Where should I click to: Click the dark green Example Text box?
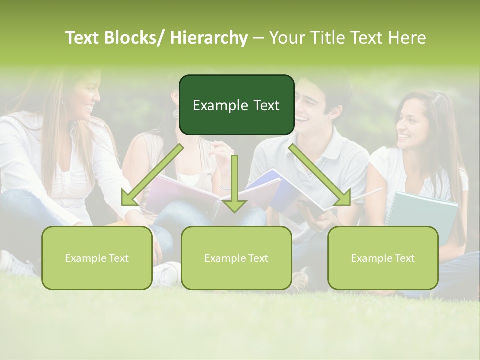click(x=236, y=105)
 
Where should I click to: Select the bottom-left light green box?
click(x=97, y=258)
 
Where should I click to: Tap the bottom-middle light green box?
click(x=236, y=258)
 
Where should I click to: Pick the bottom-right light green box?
click(x=383, y=258)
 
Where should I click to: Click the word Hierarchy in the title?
click(x=209, y=38)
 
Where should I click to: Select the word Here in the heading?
click(x=408, y=38)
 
